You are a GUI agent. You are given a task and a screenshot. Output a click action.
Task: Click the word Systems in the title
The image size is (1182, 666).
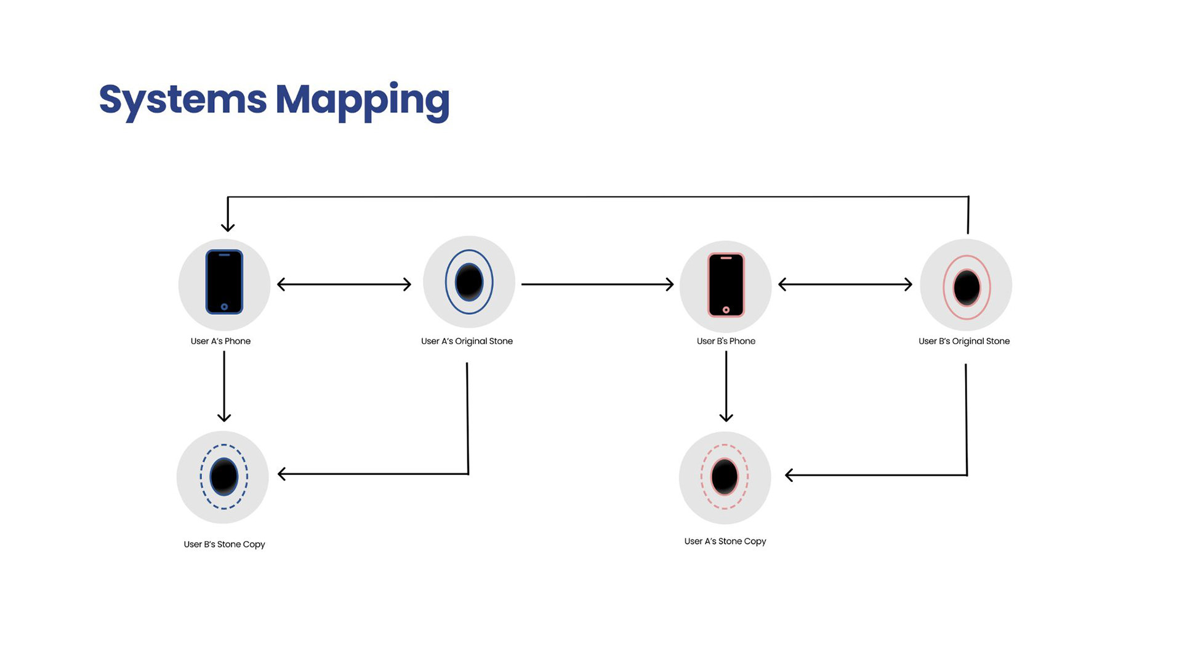pos(183,99)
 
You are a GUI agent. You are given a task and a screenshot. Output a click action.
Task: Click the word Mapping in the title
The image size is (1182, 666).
pos(362,99)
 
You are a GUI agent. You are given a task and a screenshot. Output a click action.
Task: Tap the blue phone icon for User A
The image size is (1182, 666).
pos(224,282)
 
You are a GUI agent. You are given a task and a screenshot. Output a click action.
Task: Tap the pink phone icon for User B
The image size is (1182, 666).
pos(726,285)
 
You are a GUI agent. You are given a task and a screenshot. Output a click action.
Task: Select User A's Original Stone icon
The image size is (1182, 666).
pos(469,282)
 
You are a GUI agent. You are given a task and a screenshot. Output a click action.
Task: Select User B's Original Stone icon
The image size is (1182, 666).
pos(967,287)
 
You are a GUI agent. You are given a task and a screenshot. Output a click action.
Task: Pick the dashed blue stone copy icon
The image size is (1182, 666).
pos(223,477)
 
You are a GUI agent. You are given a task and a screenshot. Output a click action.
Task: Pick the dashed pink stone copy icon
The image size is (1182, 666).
pos(725,477)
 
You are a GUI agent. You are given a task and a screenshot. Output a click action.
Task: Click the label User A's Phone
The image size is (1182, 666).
pos(220,341)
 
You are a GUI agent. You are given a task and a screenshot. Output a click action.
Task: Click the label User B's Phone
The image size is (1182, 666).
pos(726,341)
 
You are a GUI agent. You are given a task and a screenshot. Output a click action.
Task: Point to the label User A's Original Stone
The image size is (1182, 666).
pos(467,341)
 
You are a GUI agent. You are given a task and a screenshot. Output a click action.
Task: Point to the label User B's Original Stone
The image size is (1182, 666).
pos(964,341)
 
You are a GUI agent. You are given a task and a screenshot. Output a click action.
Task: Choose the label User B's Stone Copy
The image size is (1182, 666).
pos(224,545)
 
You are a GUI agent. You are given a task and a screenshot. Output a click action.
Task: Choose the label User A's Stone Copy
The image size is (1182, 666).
pos(725,542)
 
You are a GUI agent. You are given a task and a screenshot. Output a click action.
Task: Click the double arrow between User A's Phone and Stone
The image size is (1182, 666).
pos(344,284)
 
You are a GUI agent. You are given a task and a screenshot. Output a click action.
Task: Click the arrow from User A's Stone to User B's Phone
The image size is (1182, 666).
pos(597,284)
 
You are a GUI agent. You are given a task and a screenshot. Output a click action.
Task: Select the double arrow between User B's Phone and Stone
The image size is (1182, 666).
pos(845,284)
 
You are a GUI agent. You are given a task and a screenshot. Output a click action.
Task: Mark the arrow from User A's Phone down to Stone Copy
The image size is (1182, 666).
pos(224,386)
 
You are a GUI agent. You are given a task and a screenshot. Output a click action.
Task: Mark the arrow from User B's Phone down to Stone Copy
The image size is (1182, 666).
pos(726,386)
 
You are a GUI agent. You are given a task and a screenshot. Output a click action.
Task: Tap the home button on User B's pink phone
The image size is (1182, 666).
pos(726,310)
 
